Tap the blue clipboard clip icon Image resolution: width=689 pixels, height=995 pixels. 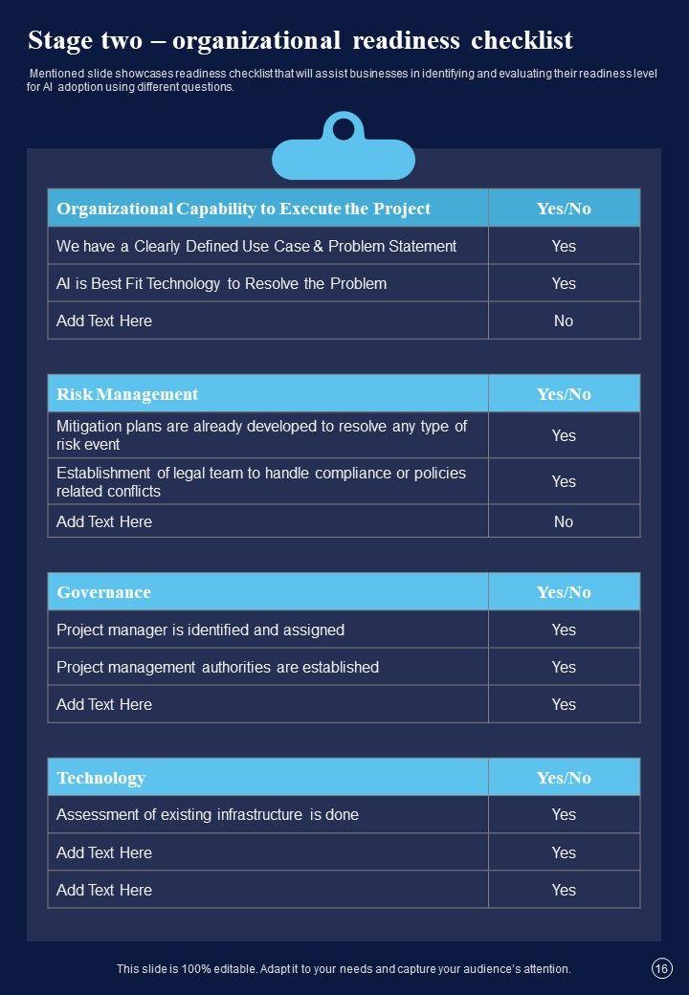[343, 149]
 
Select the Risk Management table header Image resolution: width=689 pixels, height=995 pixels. [127, 394]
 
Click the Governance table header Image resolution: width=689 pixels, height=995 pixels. [103, 592]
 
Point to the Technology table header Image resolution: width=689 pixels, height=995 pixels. [100, 778]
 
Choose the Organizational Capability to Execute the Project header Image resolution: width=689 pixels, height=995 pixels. [243, 209]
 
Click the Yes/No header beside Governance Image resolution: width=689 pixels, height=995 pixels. [564, 592]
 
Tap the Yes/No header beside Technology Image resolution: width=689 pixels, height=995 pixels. [564, 778]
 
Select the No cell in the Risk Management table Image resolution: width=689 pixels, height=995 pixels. [564, 521]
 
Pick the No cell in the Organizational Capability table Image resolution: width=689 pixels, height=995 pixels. [564, 321]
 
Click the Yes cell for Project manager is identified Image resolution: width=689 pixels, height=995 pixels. [564, 630]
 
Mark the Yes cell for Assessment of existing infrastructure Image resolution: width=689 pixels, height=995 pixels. [564, 815]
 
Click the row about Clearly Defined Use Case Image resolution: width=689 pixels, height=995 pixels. [256, 246]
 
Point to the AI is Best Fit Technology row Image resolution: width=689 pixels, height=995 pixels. [221, 283]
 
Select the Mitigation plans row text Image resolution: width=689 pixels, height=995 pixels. [261, 435]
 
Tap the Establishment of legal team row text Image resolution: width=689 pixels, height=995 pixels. [261, 481]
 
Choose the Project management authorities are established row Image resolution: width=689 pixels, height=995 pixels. [217, 667]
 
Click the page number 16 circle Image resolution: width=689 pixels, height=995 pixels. [660, 969]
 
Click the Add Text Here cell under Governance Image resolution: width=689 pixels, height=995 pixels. [104, 704]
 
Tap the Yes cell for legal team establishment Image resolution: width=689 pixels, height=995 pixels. [564, 481]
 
